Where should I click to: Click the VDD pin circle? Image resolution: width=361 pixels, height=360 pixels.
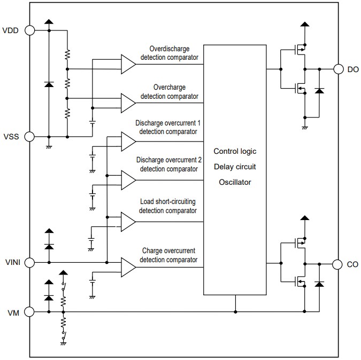29,30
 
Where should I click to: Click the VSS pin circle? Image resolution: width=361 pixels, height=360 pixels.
29,137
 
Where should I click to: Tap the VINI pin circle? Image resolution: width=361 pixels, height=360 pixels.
29,262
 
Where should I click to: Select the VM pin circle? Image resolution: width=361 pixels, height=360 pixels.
29,311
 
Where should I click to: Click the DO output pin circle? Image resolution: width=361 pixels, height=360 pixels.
338,69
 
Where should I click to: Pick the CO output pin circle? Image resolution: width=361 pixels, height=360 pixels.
338,264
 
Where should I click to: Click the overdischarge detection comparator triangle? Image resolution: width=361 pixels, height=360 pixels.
128,64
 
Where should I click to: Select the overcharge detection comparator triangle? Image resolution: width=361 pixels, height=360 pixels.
128,101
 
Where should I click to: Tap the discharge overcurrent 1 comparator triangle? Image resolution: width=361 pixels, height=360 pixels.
128,141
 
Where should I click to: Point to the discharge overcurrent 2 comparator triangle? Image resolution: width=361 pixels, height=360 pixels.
128,179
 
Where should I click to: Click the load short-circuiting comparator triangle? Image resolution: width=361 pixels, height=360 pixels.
128,222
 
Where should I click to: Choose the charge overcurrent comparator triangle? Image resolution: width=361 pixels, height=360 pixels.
128,266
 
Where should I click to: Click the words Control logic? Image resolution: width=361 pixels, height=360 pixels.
235,151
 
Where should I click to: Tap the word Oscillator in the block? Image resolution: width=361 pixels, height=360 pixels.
235,182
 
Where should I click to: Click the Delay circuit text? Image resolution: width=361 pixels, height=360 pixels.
235,167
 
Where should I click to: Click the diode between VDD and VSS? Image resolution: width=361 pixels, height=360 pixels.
49,84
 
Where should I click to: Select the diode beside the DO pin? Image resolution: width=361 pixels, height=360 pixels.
320,91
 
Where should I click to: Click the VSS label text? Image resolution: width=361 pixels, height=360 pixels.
11,137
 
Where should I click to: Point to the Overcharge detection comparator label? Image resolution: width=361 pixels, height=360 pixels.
168,91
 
